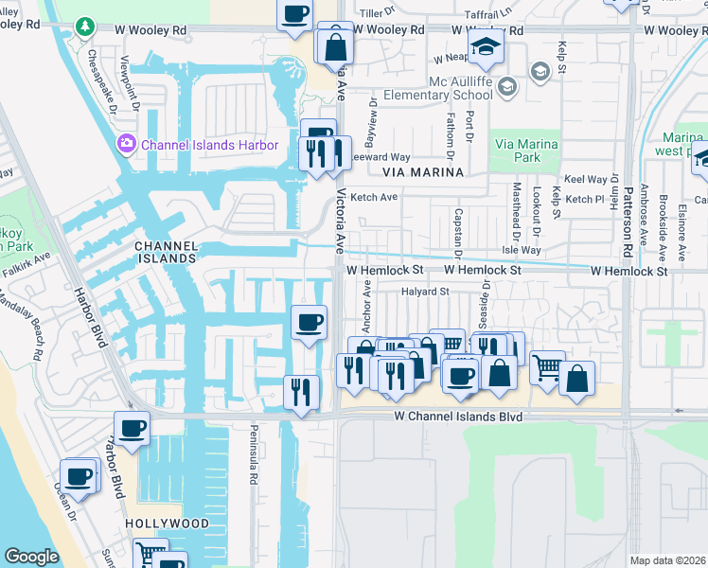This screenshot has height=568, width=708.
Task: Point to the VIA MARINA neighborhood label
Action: point(423,172)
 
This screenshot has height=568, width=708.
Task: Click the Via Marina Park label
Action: point(525,151)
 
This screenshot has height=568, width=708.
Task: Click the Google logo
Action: point(31,557)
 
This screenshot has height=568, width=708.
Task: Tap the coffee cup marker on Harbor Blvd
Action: point(133,428)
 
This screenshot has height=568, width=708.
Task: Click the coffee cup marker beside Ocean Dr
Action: point(80,474)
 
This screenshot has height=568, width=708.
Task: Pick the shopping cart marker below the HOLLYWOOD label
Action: point(150,553)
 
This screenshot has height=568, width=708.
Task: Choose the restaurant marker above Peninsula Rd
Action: point(302,390)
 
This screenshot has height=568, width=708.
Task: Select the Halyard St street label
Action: point(425,292)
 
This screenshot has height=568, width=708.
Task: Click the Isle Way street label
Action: point(521,251)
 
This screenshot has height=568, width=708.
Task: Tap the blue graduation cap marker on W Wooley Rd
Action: point(486,44)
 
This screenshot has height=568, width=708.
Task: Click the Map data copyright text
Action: point(666,560)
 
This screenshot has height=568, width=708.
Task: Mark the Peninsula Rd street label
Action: point(254,463)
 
